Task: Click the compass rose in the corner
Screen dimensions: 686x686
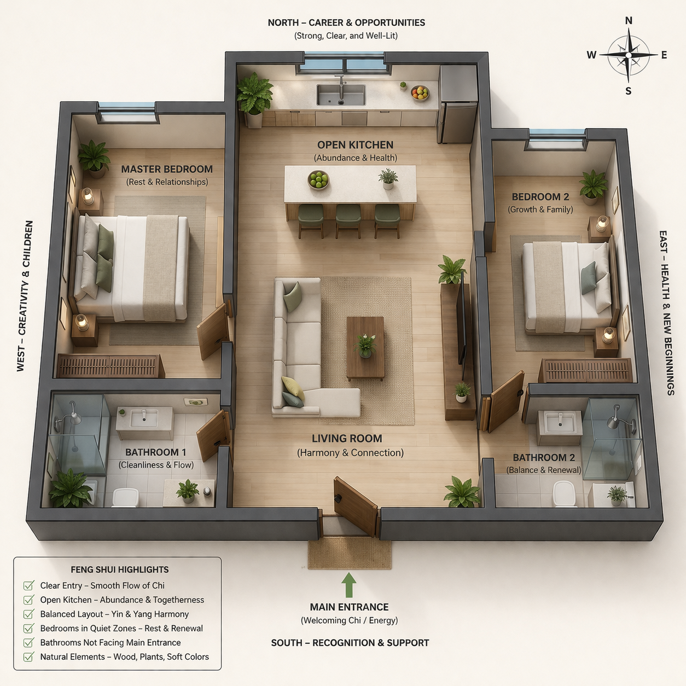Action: [x=629, y=55]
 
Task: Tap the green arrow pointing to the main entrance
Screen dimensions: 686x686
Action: [x=349, y=585]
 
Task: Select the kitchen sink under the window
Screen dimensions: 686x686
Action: [x=341, y=95]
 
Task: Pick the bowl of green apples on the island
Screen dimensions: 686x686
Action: [x=318, y=179]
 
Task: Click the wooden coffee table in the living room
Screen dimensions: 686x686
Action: [x=365, y=347]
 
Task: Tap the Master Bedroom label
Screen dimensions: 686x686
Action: [x=167, y=170]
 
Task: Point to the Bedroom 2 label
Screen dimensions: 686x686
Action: [x=540, y=197]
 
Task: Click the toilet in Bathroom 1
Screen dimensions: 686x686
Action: [x=125, y=497]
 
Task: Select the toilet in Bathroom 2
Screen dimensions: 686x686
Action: [x=564, y=493]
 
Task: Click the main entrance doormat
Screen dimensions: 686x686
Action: [x=350, y=554]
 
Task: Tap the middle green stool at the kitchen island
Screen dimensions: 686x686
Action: [x=348, y=218]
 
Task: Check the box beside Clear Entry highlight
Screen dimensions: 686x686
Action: [x=28, y=586]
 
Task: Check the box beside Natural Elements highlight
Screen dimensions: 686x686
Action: [x=28, y=657]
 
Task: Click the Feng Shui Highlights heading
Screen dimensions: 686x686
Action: [x=119, y=569]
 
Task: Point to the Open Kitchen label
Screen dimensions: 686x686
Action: [x=355, y=145]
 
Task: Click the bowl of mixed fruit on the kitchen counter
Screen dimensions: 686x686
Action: [x=420, y=93]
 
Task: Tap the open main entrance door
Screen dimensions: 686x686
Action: [x=356, y=506]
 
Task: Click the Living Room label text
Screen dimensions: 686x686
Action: [x=347, y=439]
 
